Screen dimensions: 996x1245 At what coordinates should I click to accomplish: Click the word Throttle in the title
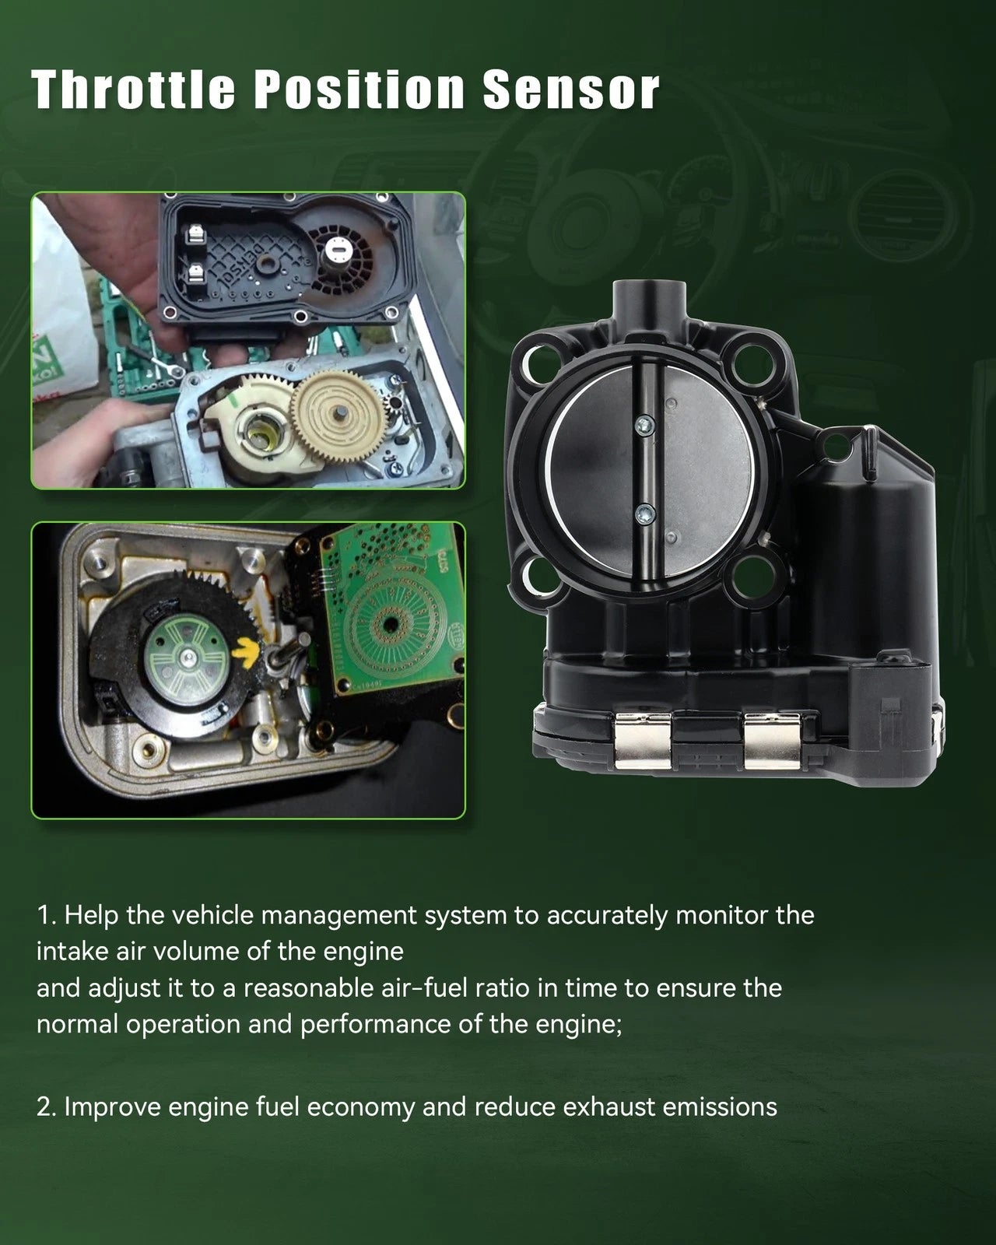(x=133, y=89)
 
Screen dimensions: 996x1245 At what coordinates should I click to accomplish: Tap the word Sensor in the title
(x=571, y=89)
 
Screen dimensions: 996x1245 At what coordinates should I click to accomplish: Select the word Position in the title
(x=359, y=89)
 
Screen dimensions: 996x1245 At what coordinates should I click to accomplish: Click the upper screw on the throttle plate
(x=645, y=425)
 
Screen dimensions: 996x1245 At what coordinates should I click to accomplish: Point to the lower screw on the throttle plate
(x=645, y=513)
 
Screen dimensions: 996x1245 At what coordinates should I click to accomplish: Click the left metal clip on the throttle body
(x=643, y=741)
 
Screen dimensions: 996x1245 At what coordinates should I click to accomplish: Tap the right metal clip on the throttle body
(x=772, y=741)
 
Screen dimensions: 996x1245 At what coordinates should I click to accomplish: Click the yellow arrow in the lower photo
(x=246, y=651)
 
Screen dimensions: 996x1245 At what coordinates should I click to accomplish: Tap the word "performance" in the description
(x=375, y=1025)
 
